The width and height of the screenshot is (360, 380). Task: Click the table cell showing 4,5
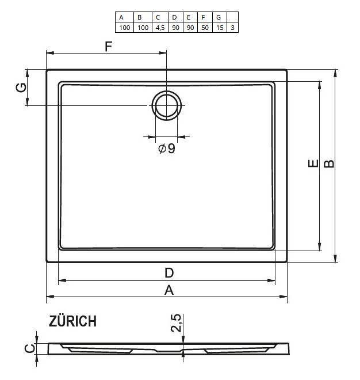tap(160, 28)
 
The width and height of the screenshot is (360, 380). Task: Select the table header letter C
tap(158, 17)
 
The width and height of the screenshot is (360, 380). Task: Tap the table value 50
tap(205, 28)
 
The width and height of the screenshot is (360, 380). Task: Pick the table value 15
tap(220, 28)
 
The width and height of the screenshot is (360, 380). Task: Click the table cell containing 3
tap(233, 28)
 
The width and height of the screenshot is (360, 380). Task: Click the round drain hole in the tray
tap(167, 106)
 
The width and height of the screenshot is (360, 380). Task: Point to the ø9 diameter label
tap(167, 149)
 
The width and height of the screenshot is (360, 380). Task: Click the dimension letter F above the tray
tap(109, 47)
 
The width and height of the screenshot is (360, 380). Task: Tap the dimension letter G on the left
tap(21, 88)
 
